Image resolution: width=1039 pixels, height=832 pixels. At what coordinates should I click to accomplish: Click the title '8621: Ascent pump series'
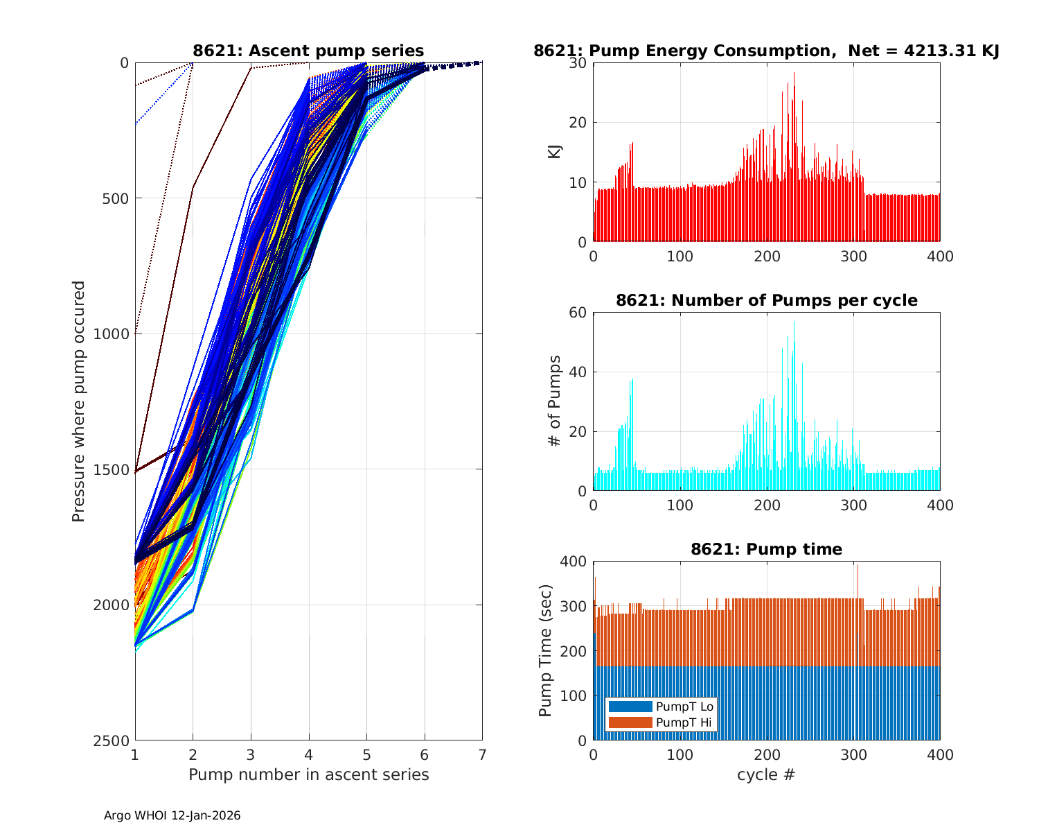point(308,51)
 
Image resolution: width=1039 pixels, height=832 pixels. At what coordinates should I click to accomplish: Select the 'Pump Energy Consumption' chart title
point(766,51)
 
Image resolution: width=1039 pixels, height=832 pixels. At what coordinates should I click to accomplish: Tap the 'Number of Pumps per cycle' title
point(766,300)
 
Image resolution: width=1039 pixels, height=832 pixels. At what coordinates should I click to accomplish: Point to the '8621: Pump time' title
point(766,549)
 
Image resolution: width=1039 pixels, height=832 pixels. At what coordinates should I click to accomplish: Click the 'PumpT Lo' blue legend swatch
point(630,707)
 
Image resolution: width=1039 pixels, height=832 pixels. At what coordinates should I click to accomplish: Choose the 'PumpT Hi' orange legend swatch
point(630,722)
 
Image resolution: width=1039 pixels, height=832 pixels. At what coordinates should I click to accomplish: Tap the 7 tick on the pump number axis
point(482,754)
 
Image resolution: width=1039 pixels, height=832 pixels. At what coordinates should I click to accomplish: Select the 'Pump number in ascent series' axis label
point(308,774)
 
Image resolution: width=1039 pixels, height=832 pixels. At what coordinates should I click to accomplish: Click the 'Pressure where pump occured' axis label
point(79,401)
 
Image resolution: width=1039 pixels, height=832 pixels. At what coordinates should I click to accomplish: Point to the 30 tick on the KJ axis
point(578,63)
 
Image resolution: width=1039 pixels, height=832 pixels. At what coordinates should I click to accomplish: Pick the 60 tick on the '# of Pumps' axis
point(578,313)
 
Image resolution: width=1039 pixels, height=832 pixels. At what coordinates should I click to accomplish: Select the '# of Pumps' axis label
point(554,401)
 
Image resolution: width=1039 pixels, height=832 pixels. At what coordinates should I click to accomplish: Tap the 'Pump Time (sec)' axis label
point(546,650)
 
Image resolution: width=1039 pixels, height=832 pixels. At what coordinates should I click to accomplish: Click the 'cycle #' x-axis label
point(766,774)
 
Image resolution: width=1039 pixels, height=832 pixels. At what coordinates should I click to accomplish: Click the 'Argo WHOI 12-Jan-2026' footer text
point(172,816)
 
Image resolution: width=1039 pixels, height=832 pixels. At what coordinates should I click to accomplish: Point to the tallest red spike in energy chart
point(794,73)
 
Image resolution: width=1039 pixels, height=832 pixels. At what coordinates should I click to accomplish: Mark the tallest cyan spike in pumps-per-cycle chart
point(794,323)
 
